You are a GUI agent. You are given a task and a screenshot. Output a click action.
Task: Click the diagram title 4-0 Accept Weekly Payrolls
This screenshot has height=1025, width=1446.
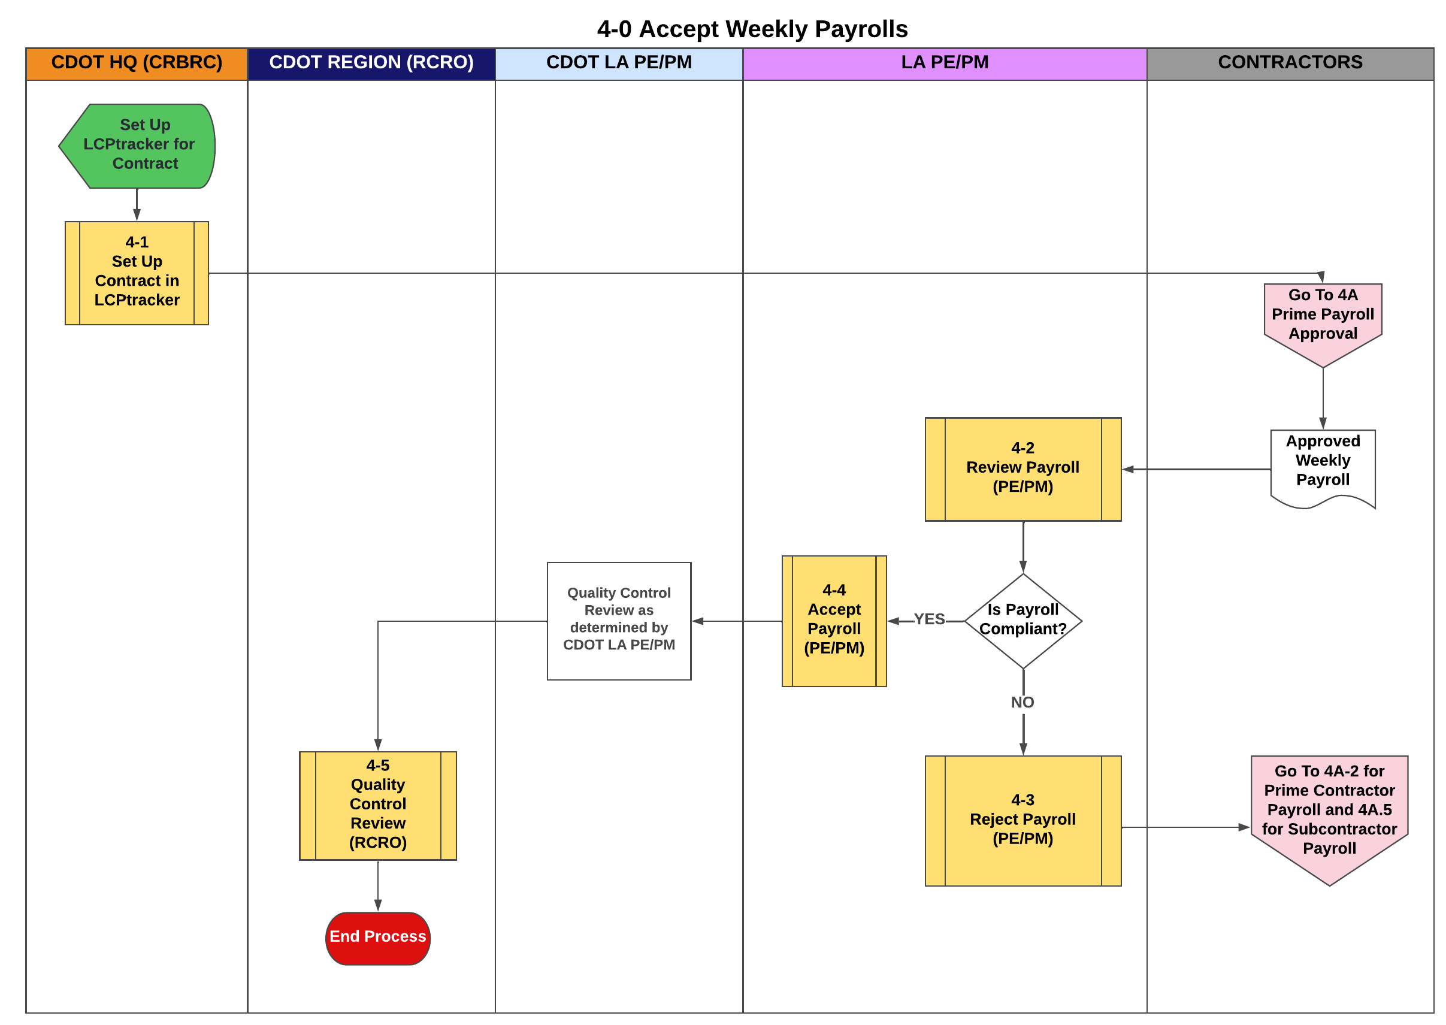coord(752,29)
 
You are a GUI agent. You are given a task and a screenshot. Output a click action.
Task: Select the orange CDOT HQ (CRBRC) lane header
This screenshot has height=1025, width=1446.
coord(137,62)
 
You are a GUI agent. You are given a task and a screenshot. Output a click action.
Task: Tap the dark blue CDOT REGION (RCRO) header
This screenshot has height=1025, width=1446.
coord(371,62)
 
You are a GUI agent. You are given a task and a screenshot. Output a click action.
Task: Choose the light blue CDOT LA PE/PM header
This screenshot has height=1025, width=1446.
coord(619,62)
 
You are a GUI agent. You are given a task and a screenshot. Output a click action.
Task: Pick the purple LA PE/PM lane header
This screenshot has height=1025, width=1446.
coord(944,62)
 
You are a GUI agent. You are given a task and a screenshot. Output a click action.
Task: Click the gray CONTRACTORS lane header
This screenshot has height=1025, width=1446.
coord(1290,62)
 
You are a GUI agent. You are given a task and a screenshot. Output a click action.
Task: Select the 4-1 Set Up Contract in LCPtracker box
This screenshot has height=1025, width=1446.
coord(137,272)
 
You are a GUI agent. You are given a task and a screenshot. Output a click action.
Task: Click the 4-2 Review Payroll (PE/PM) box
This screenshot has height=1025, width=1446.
coord(1023,468)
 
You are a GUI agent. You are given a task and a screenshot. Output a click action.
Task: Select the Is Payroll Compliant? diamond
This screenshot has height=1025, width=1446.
coord(1023,621)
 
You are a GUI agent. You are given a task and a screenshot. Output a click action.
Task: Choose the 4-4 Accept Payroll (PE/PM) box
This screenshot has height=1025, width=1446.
coord(834,621)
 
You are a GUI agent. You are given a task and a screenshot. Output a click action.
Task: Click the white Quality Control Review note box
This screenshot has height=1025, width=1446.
coord(619,621)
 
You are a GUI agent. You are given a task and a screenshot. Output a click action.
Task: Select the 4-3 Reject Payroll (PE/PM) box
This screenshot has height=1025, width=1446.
coord(1023,820)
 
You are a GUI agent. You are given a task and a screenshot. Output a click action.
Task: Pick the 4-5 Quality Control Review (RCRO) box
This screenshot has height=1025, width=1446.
coord(377,805)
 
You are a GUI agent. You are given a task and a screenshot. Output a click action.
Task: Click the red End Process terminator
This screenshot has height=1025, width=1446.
coord(377,938)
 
